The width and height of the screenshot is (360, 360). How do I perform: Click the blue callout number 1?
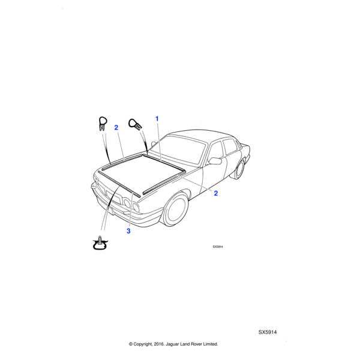click(x=157, y=119)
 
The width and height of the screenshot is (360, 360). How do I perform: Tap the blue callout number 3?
click(x=128, y=231)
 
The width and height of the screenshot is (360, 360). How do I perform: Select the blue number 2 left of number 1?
click(x=116, y=128)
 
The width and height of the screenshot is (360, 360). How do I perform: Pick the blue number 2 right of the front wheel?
click(x=216, y=193)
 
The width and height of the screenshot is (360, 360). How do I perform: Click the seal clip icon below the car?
click(x=100, y=243)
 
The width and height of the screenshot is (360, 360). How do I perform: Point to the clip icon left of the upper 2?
click(x=103, y=124)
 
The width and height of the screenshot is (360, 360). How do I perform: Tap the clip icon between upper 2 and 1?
click(x=135, y=124)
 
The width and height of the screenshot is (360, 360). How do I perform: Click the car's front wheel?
click(x=176, y=209)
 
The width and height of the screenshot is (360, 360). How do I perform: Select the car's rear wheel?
click(x=239, y=169)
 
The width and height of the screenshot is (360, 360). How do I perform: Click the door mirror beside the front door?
click(x=215, y=161)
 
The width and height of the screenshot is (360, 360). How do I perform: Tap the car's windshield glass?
click(x=177, y=149)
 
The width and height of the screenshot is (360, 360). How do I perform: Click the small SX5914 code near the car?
click(x=218, y=247)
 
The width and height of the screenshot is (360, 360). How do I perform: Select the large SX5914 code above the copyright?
click(x=268, y=332)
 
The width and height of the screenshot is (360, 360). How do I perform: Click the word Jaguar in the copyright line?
click(x=172, y=344)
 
